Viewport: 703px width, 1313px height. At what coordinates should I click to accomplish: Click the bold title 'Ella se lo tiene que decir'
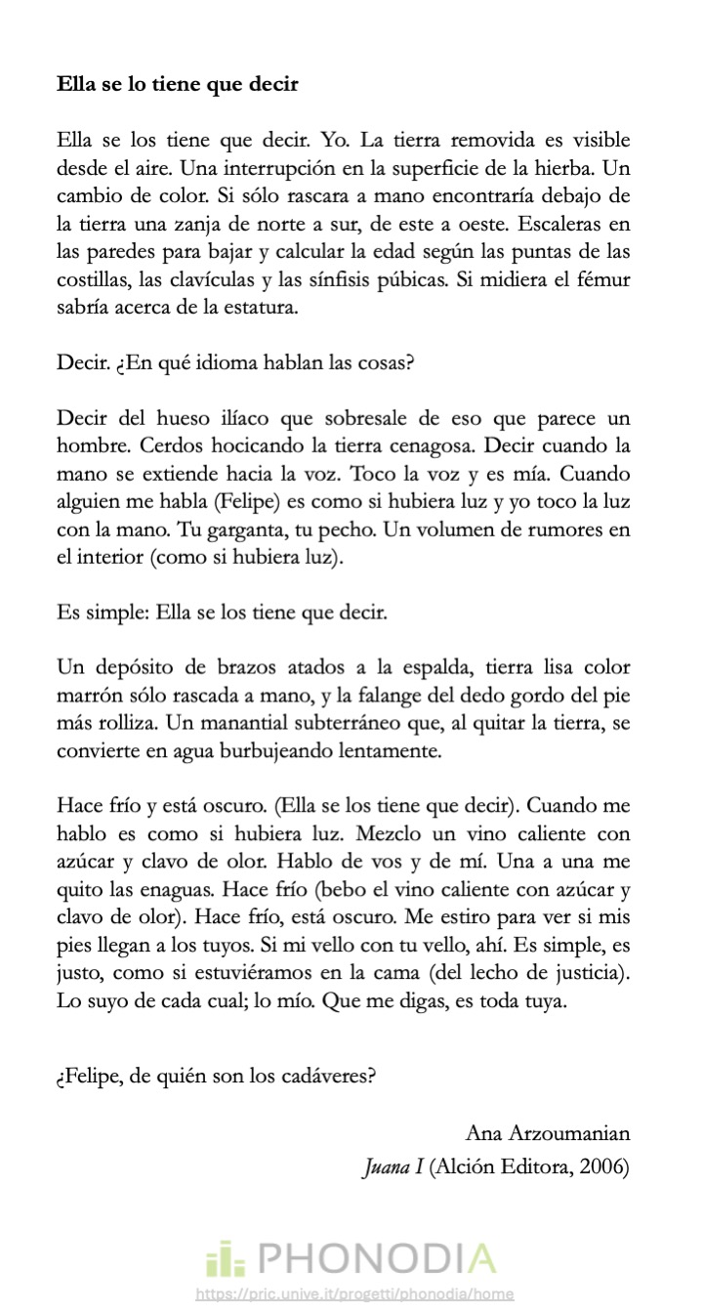pos(177,84)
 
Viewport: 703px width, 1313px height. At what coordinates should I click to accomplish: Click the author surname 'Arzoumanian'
pos(569,1133)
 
